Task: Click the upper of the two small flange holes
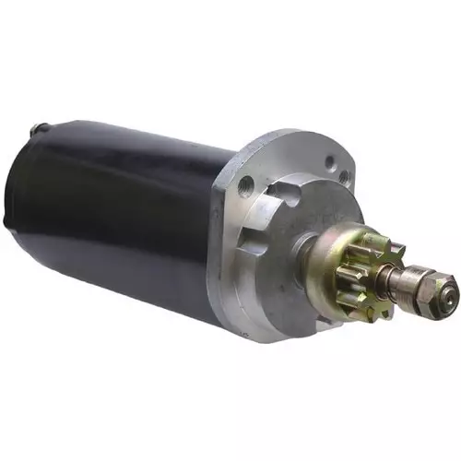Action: click(x=330, y=162)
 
